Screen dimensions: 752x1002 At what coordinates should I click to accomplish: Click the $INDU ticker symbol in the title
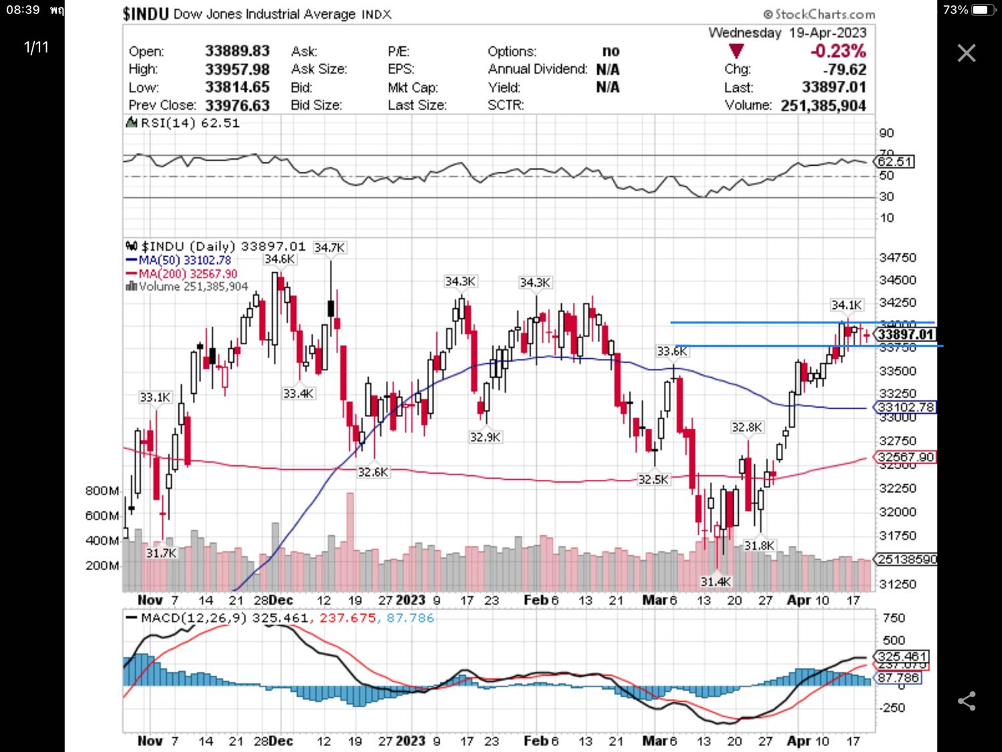point(146,14)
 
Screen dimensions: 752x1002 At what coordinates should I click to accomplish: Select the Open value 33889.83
point(237,51)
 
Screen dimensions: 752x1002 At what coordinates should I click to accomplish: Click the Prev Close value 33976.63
point(237,106)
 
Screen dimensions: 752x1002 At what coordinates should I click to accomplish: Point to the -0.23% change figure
point(838,51)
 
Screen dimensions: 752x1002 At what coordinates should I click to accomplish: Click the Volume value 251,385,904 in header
point(823,106)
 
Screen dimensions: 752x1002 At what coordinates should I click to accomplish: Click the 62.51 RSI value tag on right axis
point(895,162)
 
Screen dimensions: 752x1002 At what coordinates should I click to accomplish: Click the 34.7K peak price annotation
point(329,247)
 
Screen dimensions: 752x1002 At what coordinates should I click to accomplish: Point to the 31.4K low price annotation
point(715,582)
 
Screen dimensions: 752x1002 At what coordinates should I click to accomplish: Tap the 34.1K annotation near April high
point(846,305)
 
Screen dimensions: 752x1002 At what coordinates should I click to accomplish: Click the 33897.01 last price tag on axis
point(905,334)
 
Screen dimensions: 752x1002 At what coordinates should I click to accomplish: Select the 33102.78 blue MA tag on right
point(905,407)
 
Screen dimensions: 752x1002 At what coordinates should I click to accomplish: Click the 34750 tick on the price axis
point(898,258)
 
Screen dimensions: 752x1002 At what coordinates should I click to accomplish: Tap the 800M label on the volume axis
point(102,491)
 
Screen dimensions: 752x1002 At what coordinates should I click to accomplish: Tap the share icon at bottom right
point(967,701)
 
